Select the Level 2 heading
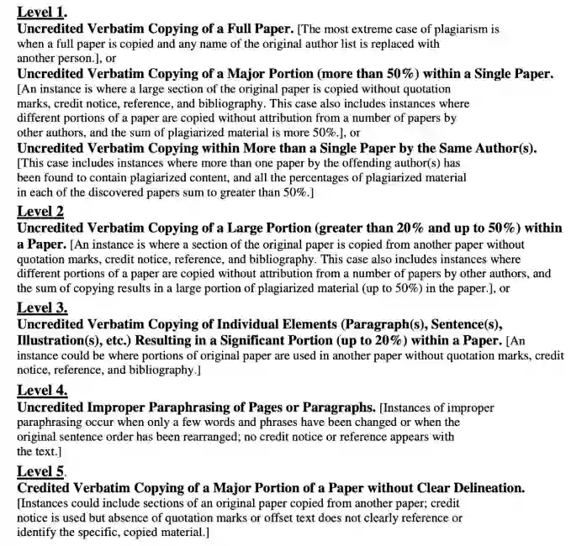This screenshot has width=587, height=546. (x=40, y=211)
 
